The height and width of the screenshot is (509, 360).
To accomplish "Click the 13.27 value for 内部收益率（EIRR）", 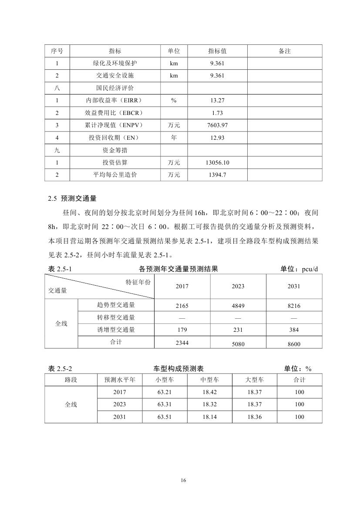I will (x=217, y=101).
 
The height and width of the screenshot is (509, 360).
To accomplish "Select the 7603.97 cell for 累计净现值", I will (x=217, y=125).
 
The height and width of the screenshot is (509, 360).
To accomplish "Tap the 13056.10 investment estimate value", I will (x=217, y=163).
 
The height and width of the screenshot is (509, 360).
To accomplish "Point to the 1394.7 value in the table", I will (x=217, y=175).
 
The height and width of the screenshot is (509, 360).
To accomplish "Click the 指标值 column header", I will (x=217, y=51).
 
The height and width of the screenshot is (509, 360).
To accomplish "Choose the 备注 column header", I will (x=284, y=51).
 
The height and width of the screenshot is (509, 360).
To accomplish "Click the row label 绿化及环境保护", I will (x=115, y=63).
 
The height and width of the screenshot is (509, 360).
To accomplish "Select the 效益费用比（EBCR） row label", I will (x=115, y=113).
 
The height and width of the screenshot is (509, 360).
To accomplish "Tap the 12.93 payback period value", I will (x=217, y=138).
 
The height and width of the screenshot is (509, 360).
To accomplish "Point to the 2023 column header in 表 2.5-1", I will (x=238, y=287).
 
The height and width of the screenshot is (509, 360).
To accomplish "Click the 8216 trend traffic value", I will (x=294, y=306).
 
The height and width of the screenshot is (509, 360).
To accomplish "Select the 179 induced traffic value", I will (x=182, y=330).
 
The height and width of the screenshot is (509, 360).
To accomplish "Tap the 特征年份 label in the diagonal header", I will (x=138, y=282).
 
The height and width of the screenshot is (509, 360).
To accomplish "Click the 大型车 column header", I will (x=254, y=380).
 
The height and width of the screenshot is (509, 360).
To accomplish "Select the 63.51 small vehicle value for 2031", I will (x=165, y=417).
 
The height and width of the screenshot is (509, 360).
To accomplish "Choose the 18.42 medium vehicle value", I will (x=209, y=392).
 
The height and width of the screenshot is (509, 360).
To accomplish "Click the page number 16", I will (x=183, y=480).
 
